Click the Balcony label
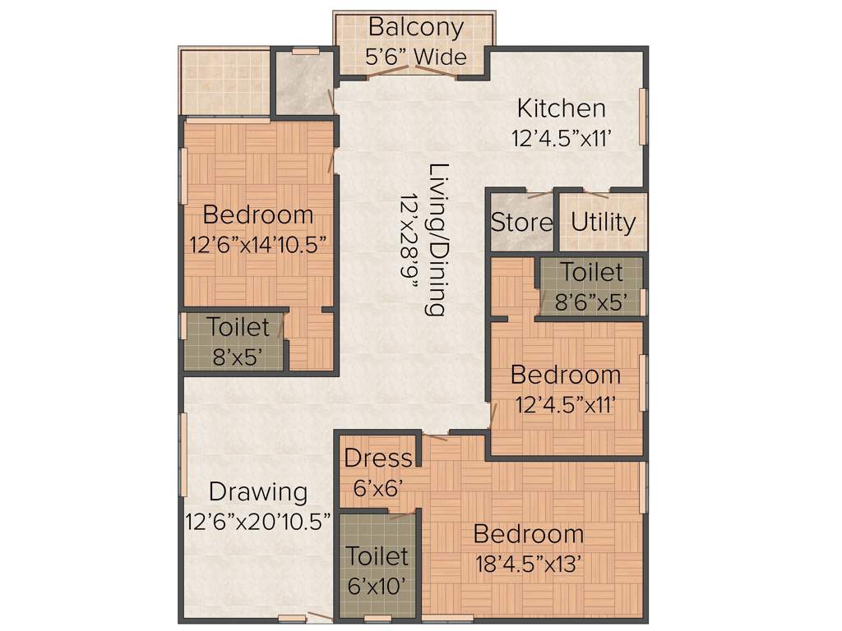415,26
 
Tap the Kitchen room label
561,108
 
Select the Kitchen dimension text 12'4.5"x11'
562,138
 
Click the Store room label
521,223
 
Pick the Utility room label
603,223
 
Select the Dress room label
377,458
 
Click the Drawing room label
258,492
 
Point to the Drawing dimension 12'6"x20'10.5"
258,521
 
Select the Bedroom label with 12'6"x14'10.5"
257,215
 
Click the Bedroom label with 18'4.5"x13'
529,534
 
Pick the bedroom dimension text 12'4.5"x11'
566,404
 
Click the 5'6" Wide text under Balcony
415,57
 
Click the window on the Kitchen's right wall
644,116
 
